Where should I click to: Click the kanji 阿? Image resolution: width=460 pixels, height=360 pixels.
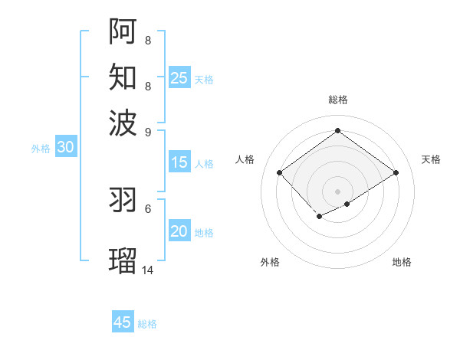[123, 31]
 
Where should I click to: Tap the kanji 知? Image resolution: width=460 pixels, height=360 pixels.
[123, 77]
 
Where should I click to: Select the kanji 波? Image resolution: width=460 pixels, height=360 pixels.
[123, 123]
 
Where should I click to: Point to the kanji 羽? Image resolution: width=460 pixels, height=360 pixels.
[123, 200]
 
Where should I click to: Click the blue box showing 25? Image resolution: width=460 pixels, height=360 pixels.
[179, 78]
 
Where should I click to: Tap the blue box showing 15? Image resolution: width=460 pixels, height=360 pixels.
[179, 162]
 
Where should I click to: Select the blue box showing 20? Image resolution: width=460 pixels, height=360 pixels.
[179, 232]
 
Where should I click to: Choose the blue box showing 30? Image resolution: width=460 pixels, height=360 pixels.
[65, 148]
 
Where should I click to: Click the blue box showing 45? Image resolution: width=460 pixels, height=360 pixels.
[123, 322]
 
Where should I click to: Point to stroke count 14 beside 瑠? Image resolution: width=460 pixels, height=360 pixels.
[148, 270]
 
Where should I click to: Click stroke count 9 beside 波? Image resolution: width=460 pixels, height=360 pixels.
[148, 132]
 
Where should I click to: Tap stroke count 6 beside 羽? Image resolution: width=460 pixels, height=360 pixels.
[148, 208]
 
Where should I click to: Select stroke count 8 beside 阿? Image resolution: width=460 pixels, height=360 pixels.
[148, 40]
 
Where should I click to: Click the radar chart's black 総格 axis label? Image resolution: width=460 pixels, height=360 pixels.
[338, 100]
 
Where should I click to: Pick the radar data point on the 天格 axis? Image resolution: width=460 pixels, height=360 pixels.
[396, 173]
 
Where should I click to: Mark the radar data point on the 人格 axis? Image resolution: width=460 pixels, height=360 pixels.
[280, 173]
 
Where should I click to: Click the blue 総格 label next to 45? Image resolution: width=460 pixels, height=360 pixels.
[147, 324]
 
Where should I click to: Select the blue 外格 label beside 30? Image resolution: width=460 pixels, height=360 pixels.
[41, 149]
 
